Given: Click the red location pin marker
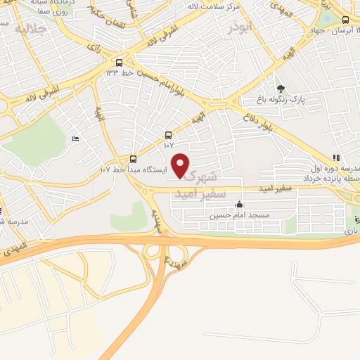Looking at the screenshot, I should pos(181,165).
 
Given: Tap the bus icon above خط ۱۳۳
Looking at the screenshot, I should pos(120,62).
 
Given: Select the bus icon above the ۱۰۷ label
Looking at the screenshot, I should pos(167,135).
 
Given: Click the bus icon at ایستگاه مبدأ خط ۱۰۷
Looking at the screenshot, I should pos(134,159).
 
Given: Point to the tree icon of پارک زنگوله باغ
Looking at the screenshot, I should pos(281,89).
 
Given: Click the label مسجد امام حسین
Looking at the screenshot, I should pos(239,216).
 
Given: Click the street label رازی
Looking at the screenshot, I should pos(93,47).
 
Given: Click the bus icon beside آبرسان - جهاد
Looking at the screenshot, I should pos(345,21).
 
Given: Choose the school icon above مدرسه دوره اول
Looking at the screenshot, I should pos(335,157).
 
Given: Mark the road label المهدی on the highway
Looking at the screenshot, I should pos(15,247).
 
